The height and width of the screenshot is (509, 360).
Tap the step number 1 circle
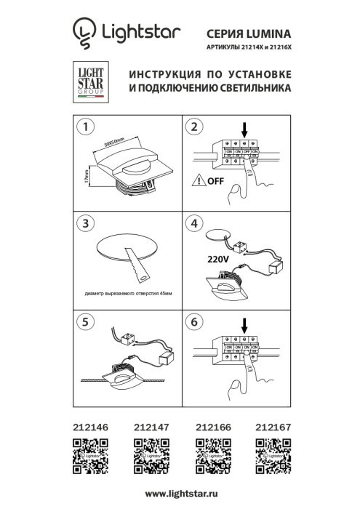86,127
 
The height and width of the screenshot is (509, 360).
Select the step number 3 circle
86,224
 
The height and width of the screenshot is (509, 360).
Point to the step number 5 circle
86,320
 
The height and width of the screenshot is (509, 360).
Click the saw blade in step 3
137,263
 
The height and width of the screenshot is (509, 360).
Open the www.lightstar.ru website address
180,494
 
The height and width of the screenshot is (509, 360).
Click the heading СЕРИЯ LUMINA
249,33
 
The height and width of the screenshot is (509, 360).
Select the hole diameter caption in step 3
128,293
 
